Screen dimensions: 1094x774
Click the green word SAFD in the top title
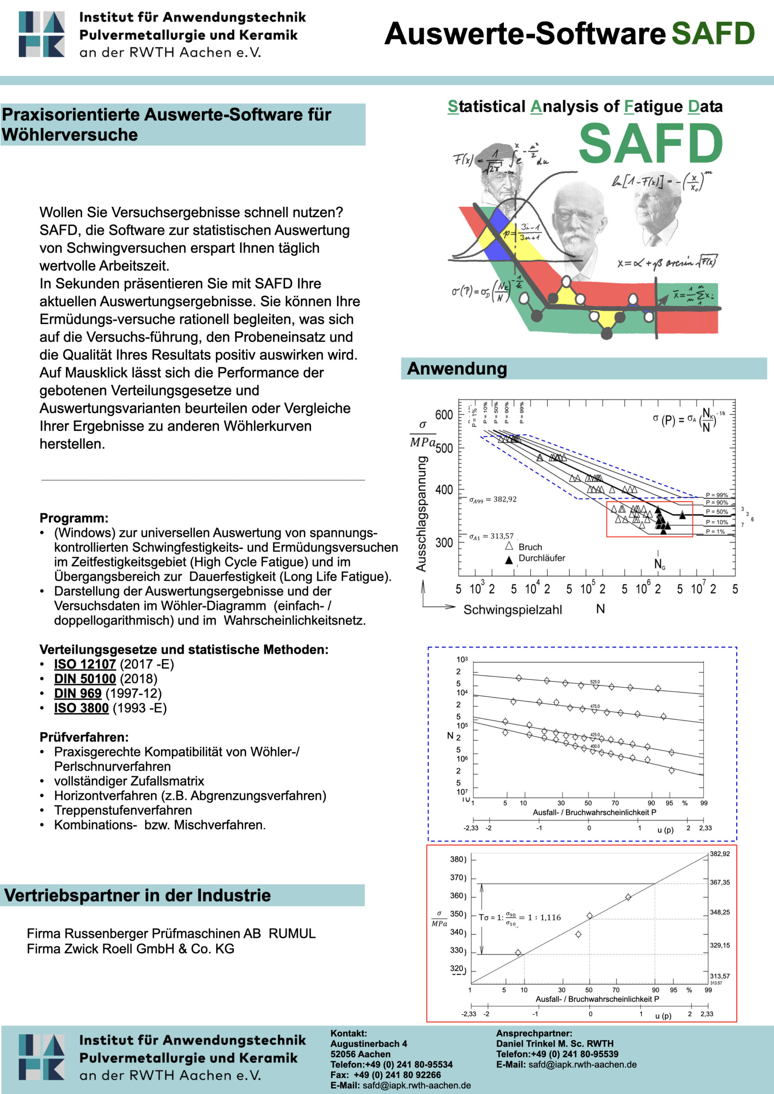tap(713, 33)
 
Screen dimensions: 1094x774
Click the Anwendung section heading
tap(456, 369)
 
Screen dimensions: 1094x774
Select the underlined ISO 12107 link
tap(85, 664)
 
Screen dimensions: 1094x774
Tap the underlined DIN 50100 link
tap(85, 679)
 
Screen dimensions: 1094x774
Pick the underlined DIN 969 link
tap(78, 693)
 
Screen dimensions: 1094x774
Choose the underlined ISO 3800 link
tap(81, 708)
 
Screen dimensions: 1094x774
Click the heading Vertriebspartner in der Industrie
tap(137, 895)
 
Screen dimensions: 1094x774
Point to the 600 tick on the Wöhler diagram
tap(444, 415)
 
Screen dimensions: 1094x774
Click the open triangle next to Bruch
tap(509, 546)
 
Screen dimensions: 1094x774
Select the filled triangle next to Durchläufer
tap(509, 560)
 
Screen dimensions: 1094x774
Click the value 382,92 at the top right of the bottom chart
tap(720, 854)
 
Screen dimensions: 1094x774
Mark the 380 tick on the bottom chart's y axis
tap(457, 859)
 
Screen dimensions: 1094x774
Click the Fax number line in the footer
tap(386, 1075)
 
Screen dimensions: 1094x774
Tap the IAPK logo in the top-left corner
tap(41, 34)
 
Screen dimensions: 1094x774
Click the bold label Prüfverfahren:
tap(84, 737)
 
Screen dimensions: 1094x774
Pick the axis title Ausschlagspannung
tap(421, 514)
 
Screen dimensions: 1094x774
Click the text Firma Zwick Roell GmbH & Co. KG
tap(131, 949)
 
